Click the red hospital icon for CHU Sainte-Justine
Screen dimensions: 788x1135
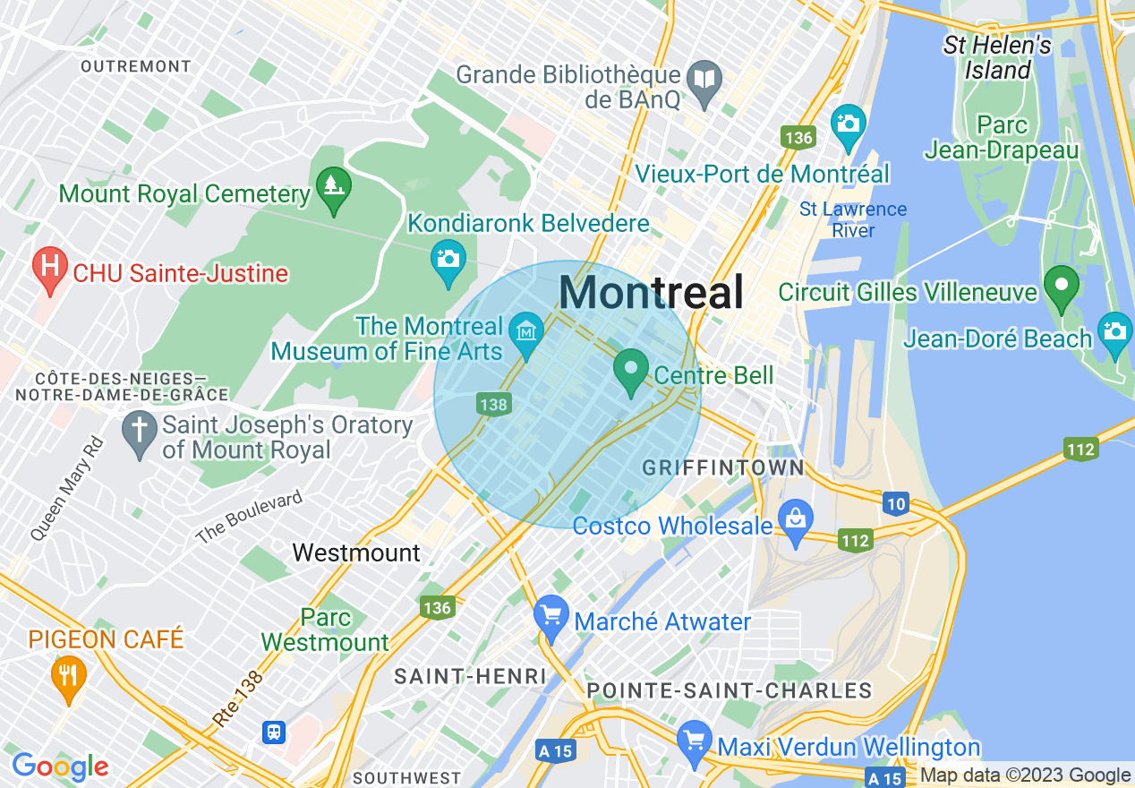tap(51, 268)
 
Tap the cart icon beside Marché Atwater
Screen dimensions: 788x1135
tap(551, 616)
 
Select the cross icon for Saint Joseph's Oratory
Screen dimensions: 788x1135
tap(139, 432)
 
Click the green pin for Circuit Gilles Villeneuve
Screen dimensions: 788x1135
tap(1062, 287)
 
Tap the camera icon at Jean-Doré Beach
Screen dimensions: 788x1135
tap(1114, 332)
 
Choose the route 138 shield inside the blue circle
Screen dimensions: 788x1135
tap(493, 405)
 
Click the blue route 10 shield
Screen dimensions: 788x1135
tap(896, 504)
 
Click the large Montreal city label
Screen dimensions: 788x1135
tap(652, 293)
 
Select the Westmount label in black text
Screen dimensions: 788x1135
tap(356, 552)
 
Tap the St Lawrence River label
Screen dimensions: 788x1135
tap(853, 219)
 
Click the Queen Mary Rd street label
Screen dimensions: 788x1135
tap(68, 489)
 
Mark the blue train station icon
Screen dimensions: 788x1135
tap(274, 732)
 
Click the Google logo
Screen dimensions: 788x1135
tap(60, 767)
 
